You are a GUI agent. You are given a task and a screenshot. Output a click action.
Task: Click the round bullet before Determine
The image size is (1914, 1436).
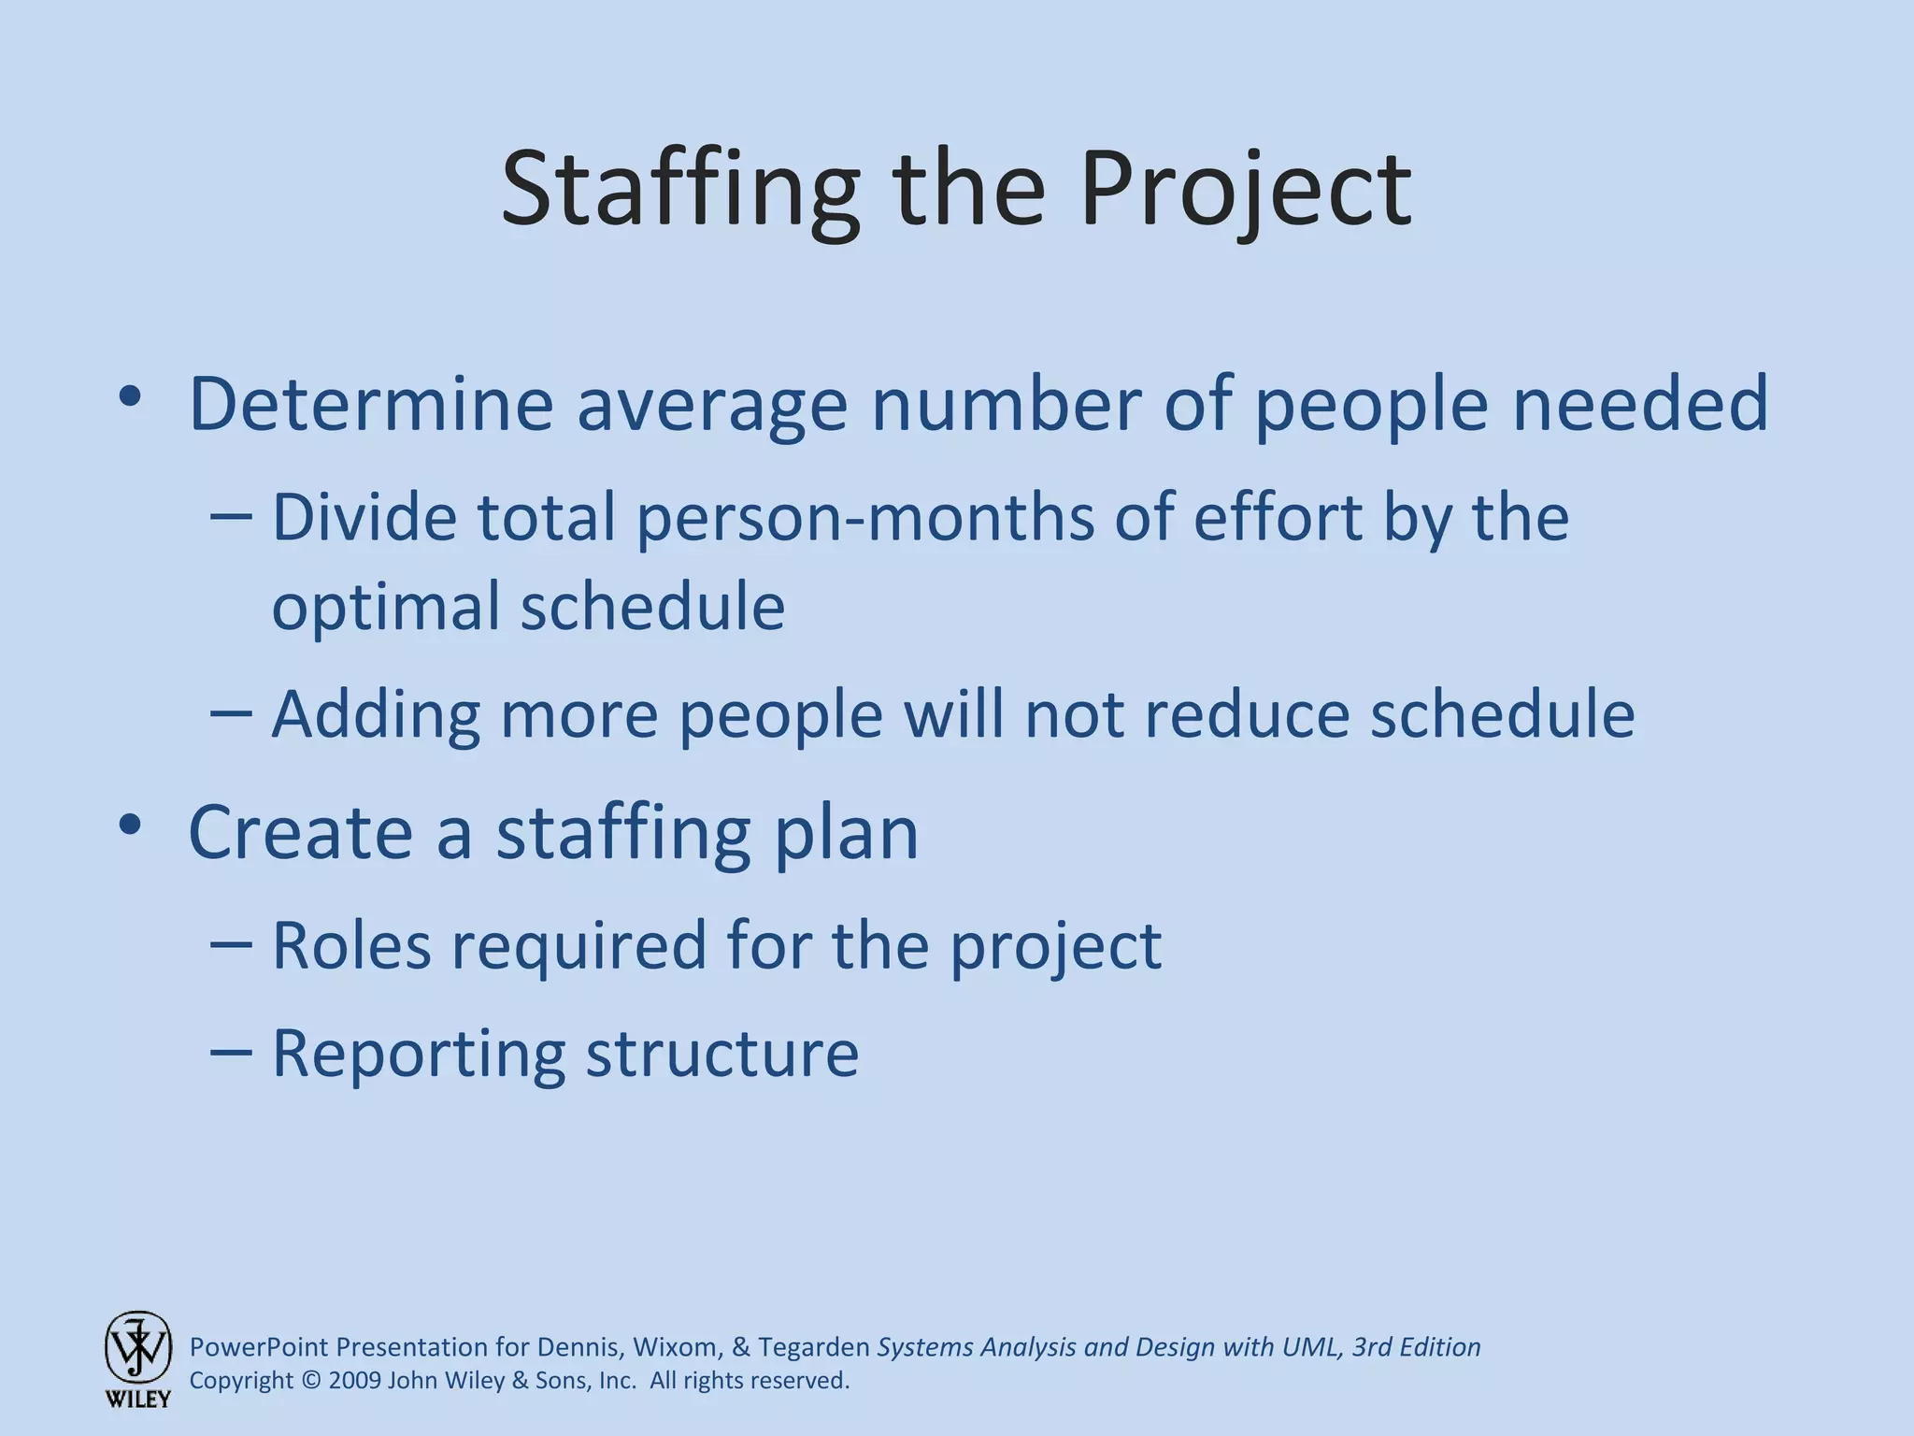click(130, 397)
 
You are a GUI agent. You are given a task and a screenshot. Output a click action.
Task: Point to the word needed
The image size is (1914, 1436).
click(1640, 404)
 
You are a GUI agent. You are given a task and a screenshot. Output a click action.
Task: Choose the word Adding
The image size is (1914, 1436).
click(376, 715)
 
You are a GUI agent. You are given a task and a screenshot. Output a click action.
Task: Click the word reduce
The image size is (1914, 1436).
click(1247, 715)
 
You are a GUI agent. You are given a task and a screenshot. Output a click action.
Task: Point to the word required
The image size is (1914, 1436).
click(579, 947)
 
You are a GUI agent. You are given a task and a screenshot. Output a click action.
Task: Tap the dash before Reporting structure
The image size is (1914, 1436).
click(231, 1052)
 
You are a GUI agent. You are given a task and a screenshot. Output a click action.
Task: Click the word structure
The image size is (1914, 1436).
click(721, 1054)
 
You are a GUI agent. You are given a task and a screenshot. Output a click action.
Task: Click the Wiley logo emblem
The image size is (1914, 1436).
click(138, 1347)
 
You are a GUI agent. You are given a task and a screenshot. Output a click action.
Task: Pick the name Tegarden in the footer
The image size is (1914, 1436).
click(813, 1347)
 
